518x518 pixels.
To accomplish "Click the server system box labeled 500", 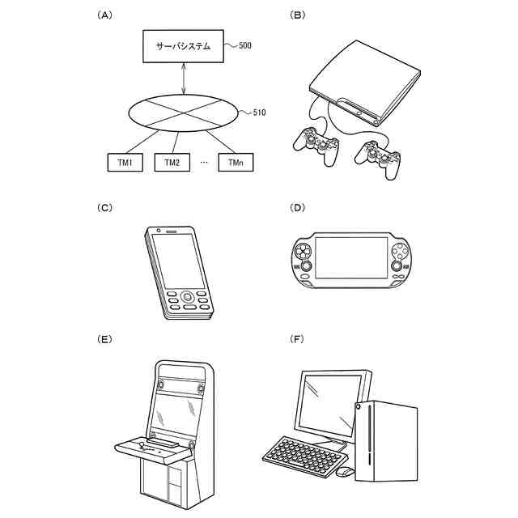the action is point(184,47).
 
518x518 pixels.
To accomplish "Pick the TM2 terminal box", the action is point(172,163).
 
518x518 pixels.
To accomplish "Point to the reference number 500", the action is point(244,46).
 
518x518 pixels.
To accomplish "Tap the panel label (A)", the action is point(103,15).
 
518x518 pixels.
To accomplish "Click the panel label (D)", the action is point(297,207).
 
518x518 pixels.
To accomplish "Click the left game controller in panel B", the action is point(317,146).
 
